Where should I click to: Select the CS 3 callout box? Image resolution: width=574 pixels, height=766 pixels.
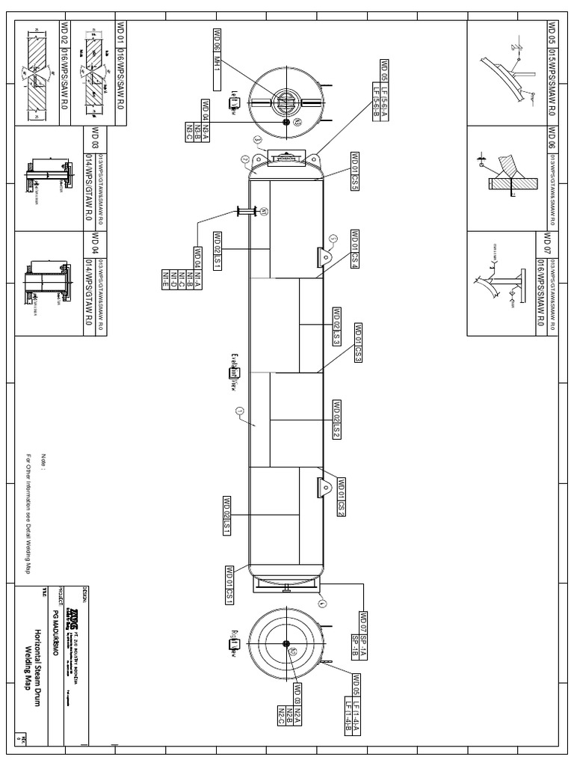pos(358,343)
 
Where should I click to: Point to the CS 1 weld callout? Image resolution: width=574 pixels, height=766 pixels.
pos(230,585)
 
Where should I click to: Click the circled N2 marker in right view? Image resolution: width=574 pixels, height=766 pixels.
pos(294,652)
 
